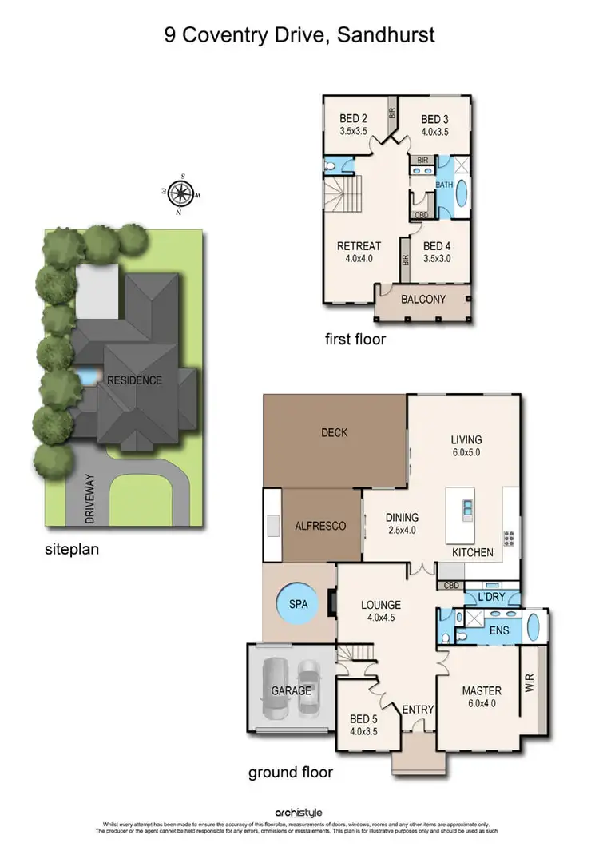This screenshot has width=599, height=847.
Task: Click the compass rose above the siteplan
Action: (x=181, y=192)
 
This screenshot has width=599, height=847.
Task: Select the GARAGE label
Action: (x=291, y=690)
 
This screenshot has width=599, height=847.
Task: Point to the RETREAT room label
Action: (x=359, y=245)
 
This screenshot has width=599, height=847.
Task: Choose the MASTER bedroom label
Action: (x=481, y=690)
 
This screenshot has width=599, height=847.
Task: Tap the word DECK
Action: (x=335, y=432)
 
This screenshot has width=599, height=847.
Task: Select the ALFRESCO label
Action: (x=320, y=526)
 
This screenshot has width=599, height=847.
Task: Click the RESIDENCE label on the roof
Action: (x=134, y=380)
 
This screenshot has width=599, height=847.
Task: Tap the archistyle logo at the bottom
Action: (x=299, y=813)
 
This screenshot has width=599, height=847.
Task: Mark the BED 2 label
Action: (x=353, y=119)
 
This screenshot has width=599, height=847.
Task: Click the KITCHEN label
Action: (x=473, y=553)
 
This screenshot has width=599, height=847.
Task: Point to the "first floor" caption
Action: (x=355, y=340)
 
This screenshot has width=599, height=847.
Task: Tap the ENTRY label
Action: (x=417, y=710)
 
